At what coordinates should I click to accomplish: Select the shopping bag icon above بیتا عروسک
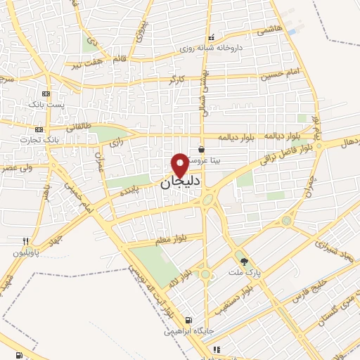point(202,149)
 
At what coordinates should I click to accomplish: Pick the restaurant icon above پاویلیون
point(26,241)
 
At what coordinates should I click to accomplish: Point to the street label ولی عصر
point(18,169)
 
